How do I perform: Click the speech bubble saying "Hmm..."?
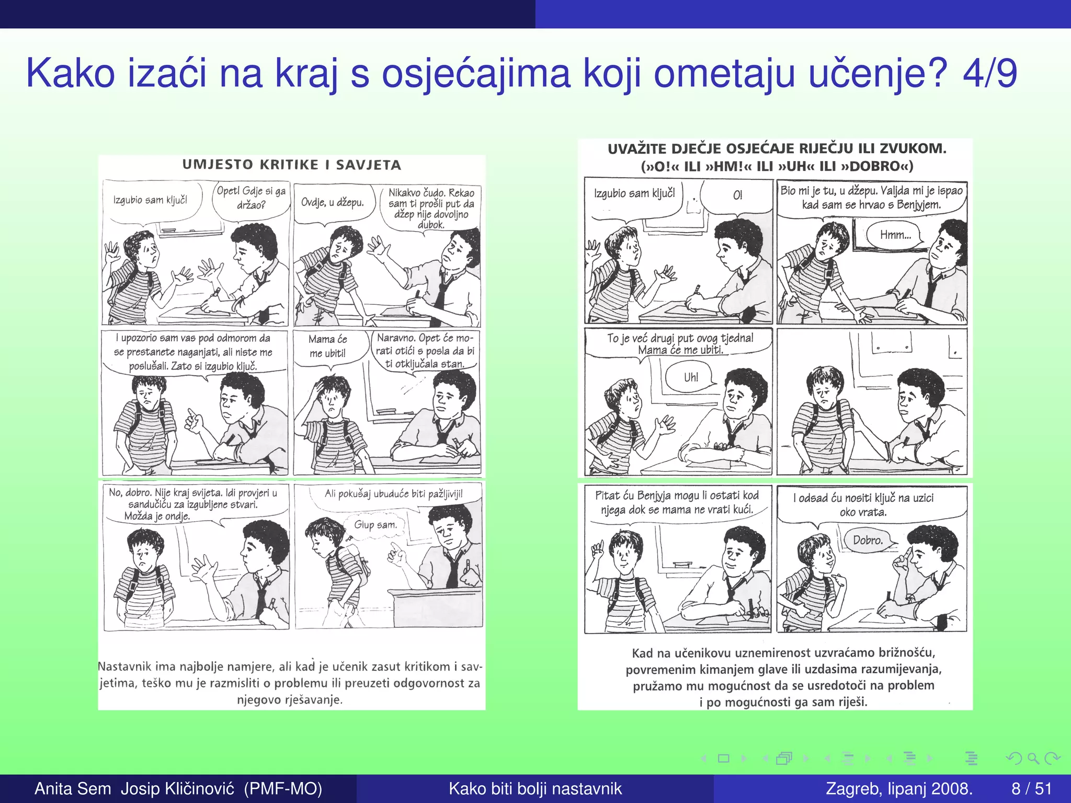click(895, 235)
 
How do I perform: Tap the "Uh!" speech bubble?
click(690, 377)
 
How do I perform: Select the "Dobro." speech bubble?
click(868, 540)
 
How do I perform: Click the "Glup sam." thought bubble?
click(375, 524)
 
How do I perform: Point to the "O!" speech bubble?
click(737, 196)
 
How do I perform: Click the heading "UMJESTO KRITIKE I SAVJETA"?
click(292, 165)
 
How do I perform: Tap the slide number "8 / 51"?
click(1031, 788)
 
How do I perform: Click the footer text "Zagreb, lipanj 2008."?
click(899, 788)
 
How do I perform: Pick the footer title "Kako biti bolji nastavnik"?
click(535, 788)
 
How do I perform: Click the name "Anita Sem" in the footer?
click(73, 788)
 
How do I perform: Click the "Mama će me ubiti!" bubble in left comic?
click(327, 346)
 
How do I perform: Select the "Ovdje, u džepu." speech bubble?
click(332, 202)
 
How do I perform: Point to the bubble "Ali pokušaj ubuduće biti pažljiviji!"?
click(393, 494)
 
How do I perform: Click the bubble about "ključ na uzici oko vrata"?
click(863, 504)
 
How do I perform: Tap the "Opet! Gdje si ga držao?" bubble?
click(251, 198)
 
